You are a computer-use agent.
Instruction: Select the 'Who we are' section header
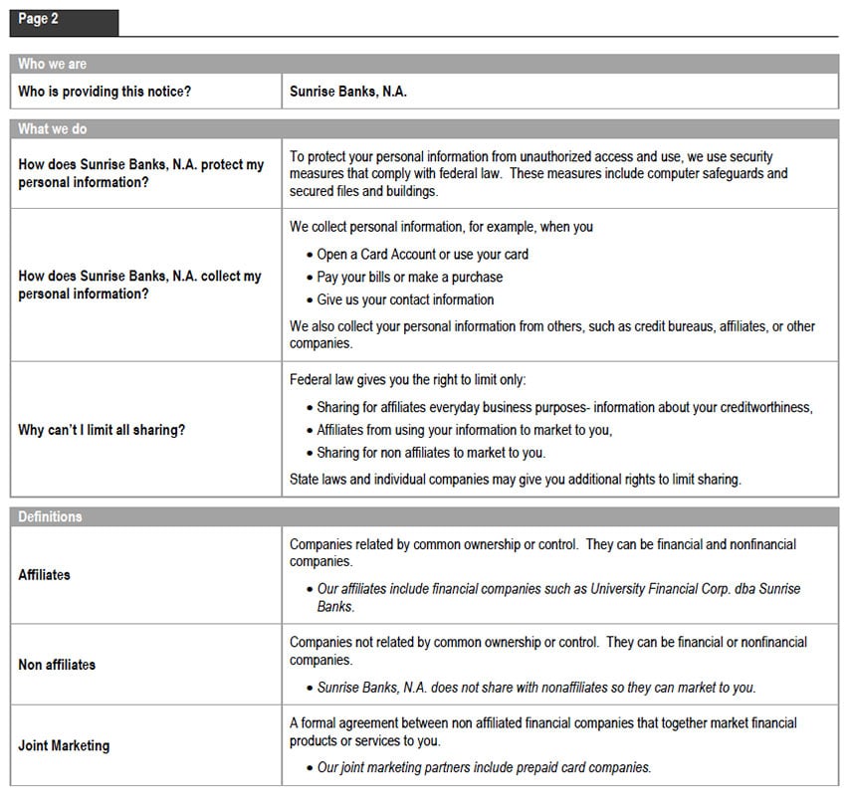[52, 64]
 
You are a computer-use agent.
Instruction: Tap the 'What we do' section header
[52, 129]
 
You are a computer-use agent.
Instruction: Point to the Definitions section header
[50, 517]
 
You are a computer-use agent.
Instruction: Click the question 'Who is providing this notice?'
[105, 92]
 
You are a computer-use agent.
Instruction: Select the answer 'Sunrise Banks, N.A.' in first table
[348, 92]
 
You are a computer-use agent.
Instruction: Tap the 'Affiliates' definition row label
[45, 575]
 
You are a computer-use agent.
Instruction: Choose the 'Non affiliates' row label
[57, 665]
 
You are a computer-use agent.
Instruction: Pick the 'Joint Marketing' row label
[64, 745]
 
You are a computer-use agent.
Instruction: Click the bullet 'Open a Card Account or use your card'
[422, 254]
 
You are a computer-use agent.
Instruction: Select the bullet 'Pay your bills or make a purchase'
[409, 277]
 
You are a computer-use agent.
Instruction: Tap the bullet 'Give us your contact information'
[405, 300]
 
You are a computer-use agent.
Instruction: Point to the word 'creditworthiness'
[761, 407]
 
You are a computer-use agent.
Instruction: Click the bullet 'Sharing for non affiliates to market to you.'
[430, 453]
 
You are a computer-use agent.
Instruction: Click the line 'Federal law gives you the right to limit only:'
[407, 380]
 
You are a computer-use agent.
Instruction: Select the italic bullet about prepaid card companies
[484, 767]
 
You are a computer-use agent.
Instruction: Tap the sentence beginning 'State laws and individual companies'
[515, 479]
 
